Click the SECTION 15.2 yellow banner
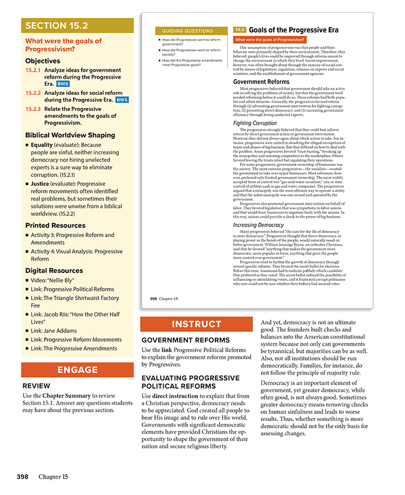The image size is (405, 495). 78,25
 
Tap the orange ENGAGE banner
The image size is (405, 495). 78,370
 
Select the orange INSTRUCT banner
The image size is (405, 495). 197,324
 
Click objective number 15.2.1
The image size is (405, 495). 33,70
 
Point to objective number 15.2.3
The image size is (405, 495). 33,109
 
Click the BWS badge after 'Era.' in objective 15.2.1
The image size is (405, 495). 62,84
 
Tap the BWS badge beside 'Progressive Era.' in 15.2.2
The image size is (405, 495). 122,99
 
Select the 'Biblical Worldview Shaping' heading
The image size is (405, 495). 70,135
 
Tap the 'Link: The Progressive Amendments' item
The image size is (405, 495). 73,348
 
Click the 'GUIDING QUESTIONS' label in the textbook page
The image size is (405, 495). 187,31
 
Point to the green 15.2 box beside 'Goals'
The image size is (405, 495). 240,29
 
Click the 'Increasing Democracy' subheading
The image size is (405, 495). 258,225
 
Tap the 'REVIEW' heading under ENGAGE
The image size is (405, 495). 36,386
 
